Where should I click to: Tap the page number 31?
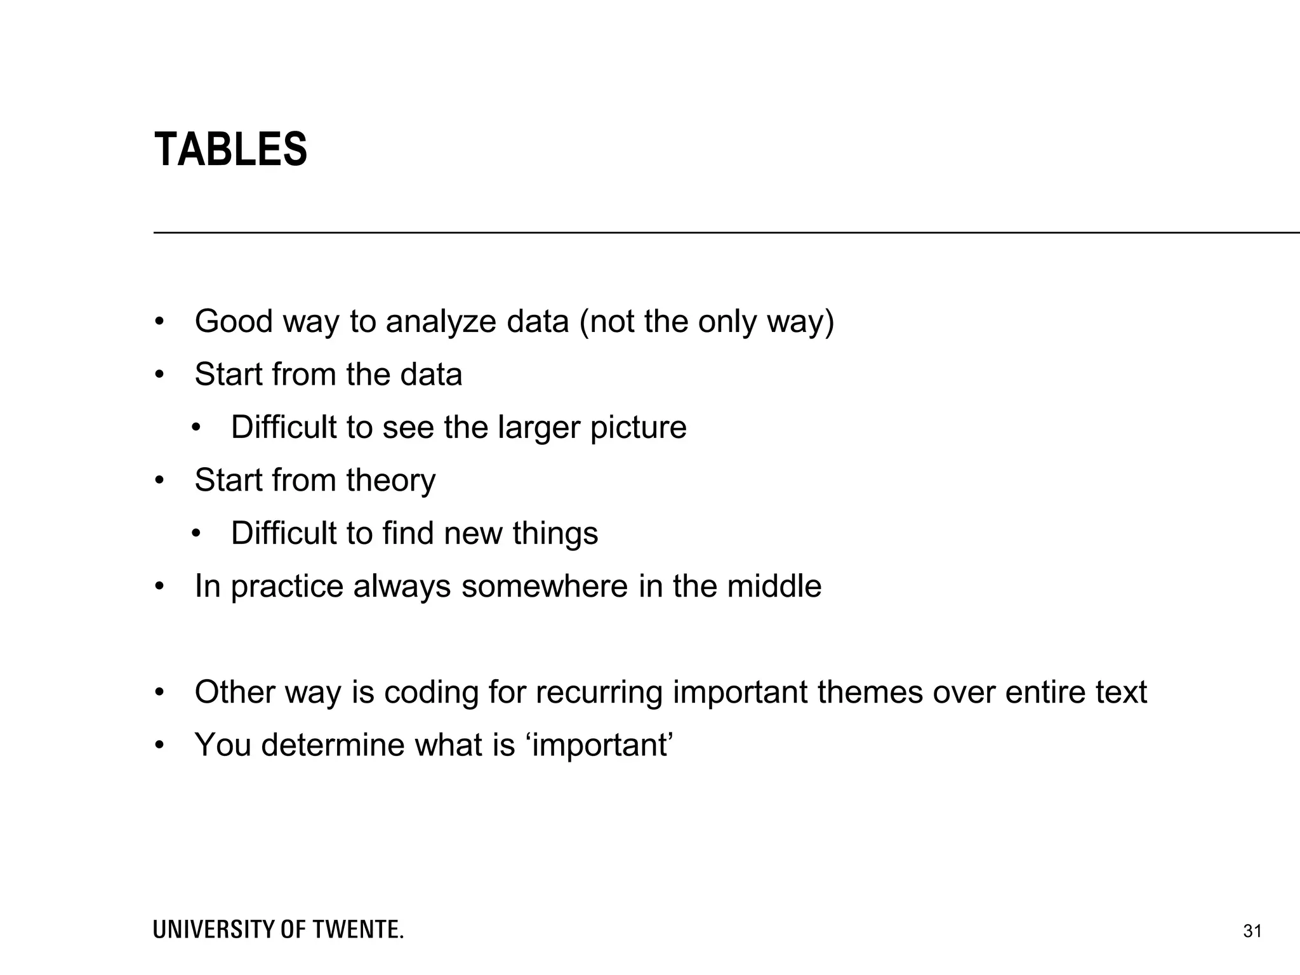click(x=1252, y=932)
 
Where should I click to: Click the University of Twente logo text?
click(x=278, y=930)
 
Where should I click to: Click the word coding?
click(x=431, y=693)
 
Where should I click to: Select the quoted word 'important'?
click(x=599, y=745)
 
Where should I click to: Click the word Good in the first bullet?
click(x=234, y=322)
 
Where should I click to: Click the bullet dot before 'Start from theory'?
click(x=159, y=481)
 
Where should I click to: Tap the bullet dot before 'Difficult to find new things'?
click(x=196, y=533)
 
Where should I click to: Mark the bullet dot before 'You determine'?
click(x=159, y=745)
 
